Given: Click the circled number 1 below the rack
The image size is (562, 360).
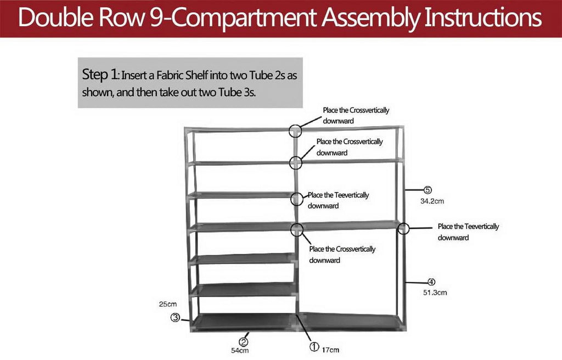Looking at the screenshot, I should pos(314,346).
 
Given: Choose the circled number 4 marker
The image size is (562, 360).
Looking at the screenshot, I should pos(431,282).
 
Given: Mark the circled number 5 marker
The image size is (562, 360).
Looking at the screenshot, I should pos(428,190).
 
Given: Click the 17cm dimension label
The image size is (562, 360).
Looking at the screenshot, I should pos(330,350).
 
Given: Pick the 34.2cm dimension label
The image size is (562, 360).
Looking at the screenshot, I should pos(432,201).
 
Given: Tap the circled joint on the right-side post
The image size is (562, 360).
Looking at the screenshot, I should pos(404,228).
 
